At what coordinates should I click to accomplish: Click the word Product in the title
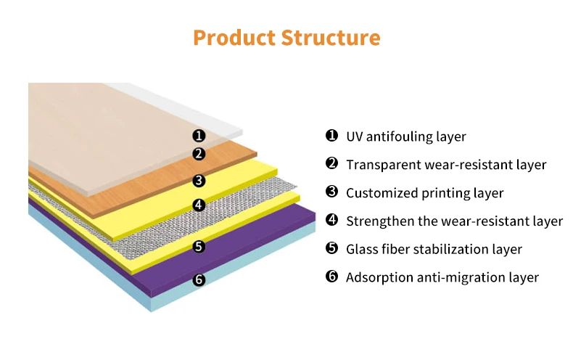tap(237, 38)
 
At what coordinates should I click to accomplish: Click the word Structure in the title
tap(334, 38)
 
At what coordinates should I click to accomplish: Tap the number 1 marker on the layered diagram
tap(199, 136)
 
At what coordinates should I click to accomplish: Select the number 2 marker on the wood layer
tap(199, 154)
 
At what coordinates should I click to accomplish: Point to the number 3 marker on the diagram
tap(199, 181)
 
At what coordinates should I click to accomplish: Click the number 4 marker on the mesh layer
tap(199, 205)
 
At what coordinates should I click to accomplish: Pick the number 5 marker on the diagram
tap(199, 247)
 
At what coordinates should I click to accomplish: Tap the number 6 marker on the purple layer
tap(199, 279)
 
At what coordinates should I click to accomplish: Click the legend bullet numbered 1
tap(331, 136)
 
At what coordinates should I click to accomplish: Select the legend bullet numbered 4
tap(331, 220)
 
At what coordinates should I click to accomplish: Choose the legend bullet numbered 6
tap(331, 277)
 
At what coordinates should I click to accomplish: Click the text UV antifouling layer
tap(405, 136)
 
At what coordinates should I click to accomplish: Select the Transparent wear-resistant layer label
tap(445, 165)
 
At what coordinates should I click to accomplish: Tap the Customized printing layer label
tap(424, 193)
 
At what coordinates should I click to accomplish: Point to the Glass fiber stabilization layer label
tap(434, 249)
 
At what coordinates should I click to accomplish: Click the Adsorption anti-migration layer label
tap(442, 277)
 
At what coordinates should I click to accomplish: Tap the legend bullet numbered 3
tap(331, 192)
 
